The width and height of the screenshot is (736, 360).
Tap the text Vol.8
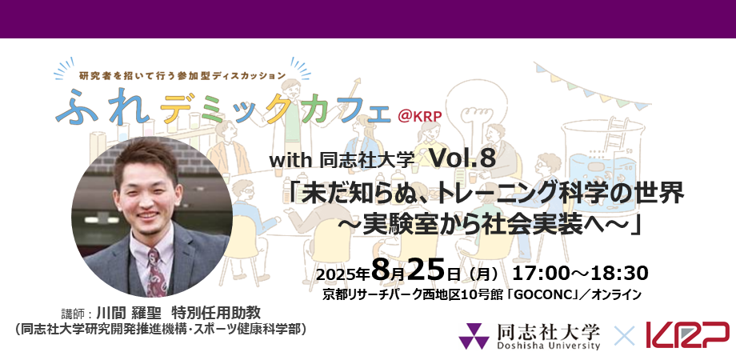463,158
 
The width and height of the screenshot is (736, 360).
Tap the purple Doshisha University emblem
474,335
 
